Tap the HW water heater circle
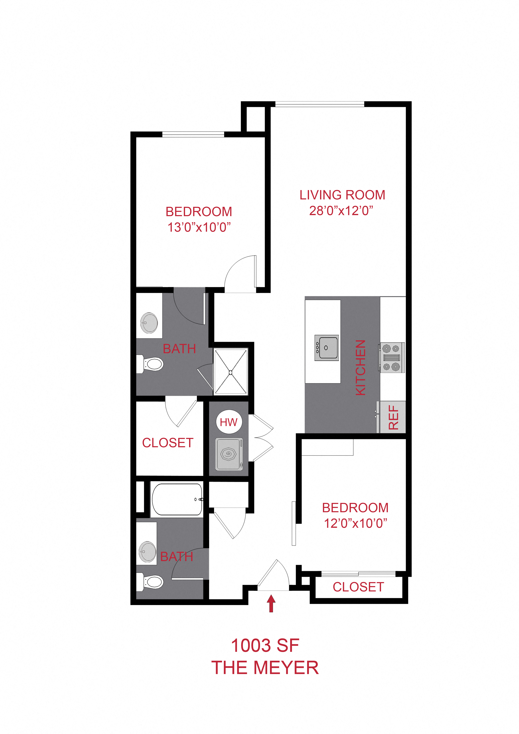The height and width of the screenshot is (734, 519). [x=229, y=422]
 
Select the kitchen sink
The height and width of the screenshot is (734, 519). [x=326, y=348]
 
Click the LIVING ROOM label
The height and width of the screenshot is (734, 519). [x=342, y=195]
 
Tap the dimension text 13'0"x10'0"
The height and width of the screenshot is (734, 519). [x=199, y=227]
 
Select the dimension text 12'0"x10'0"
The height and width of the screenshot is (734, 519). [x=355, y=523]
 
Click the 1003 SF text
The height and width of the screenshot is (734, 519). [x=265, y=645]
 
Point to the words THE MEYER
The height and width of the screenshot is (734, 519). [x=265, y=668]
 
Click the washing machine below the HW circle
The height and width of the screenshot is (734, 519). [x=229, y=454]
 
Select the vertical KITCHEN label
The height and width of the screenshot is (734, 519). [x=360, y=368]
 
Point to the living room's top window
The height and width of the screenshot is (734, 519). [x=320, y=104]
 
